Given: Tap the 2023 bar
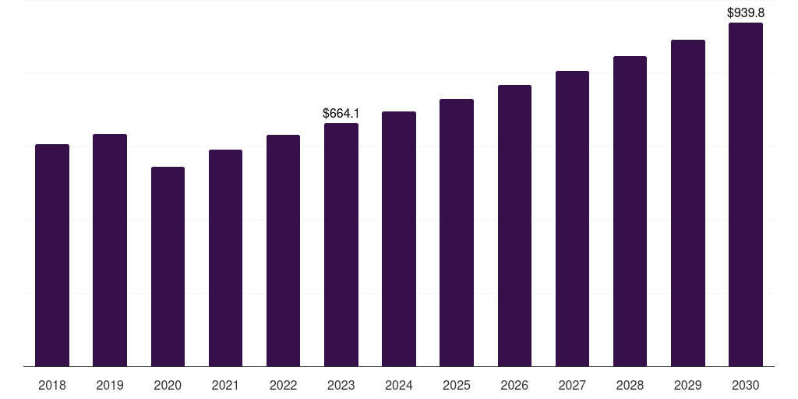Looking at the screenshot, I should [x=341, y=245].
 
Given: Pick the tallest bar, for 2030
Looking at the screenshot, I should [x=746, y=195].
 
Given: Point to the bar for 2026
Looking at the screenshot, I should [x=514, y=225].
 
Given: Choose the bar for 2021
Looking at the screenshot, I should [x=225, y=258].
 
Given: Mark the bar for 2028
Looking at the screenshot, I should [x=630, y=211].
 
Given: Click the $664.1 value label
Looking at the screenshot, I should [x=341, y=114].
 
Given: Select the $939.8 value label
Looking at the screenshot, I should [x=746, y=12].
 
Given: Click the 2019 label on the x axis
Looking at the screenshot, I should [x=110, y=386].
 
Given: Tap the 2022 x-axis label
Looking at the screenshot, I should [x=283, y=386].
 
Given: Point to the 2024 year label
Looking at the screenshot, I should [x=399, y=386].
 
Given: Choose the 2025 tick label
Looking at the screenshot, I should [x=457, y=386].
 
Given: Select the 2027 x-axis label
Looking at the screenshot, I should [x=572, y=386].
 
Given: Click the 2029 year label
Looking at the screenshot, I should [x=687, y=386].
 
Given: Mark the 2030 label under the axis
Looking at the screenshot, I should [x=746, y=386].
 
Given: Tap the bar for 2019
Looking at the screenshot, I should [x=110, y=250].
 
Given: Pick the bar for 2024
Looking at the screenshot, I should [x=399, y=238].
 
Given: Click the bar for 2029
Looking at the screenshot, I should [x=687, y=203].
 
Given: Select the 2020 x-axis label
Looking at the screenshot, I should [x=168, y=386].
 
